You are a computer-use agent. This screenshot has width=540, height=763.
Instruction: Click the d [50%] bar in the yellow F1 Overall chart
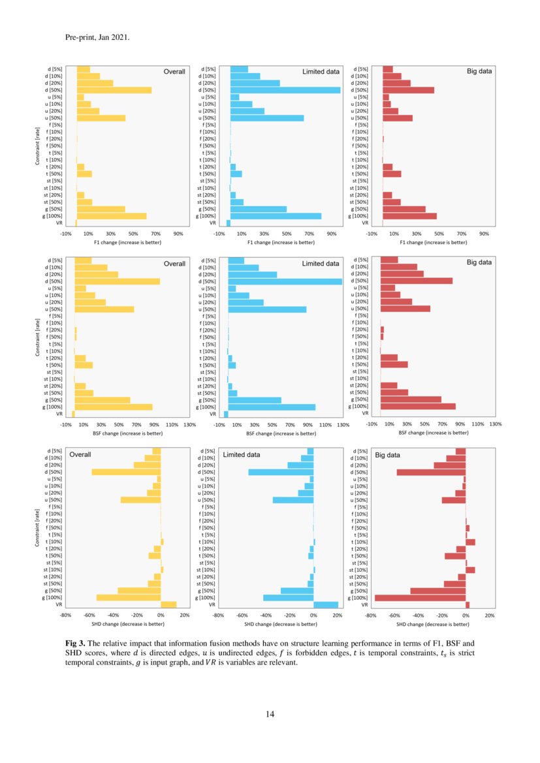[x=114, y=90]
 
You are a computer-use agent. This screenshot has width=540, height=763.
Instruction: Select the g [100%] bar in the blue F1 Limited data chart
[x=276, y=216]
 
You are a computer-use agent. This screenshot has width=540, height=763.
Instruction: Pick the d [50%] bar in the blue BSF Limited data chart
[x=285, y=281]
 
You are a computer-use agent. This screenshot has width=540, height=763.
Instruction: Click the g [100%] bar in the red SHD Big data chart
[x=420, y=598]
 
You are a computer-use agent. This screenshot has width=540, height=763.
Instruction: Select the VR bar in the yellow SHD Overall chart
[x=168, y=605]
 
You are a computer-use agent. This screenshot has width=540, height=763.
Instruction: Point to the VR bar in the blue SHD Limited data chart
[x=326, y=605]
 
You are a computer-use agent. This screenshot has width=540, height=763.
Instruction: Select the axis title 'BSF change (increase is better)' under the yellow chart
[x=127, y=433]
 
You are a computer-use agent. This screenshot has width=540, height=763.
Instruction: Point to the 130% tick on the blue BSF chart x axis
[x=342, y=424]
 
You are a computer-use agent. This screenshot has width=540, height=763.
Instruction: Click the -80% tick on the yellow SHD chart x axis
[x=65, y=615]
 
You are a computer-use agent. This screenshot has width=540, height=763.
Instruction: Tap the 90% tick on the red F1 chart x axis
[x=484, y=234]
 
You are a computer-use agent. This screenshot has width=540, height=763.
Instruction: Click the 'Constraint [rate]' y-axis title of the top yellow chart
[x=37, y=146]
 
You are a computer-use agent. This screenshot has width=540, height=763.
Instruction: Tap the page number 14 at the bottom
[x=270, y=714]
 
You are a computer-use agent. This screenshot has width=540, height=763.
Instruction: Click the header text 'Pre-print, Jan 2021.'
[x=97, y=37]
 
